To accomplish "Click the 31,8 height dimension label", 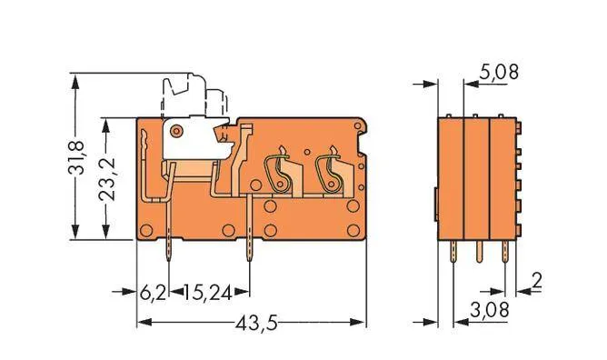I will pyautogui.click(x=81, y=157).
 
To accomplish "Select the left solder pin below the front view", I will pyautogui.click(x=169, y=253).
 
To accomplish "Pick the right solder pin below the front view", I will pyautogui.click(x=249, y=254).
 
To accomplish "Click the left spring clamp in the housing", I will pyautogui.click(x=276, y=173).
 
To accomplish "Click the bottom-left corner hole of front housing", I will pyautogui.click(x=145, y=230).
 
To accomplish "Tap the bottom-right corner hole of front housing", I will pyautogui.click(x=353, y=230).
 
